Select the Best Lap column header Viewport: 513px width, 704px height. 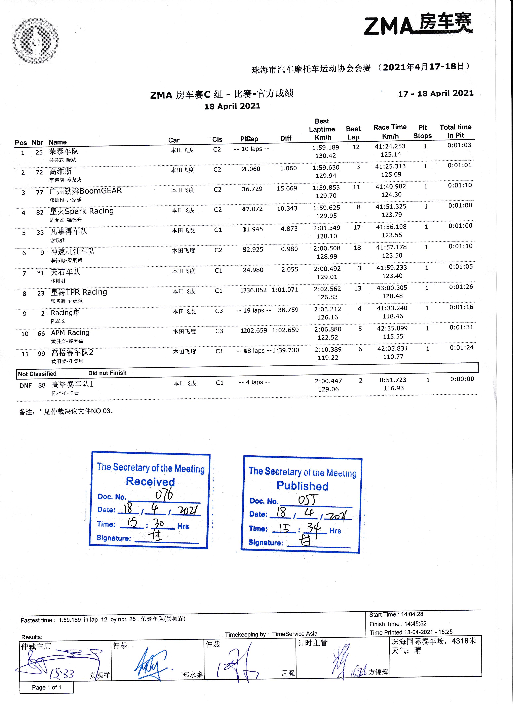(353, 133)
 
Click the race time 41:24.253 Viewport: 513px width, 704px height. (390, 146)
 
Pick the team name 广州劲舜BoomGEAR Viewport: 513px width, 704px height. (86, 191)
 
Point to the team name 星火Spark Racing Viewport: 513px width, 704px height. (82, 211)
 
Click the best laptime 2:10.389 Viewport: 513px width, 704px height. (328, 350)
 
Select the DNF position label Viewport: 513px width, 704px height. (26, 386)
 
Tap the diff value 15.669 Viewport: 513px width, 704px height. (287, 188)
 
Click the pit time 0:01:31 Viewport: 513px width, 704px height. (462, 327)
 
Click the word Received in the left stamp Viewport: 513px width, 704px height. (150, 481)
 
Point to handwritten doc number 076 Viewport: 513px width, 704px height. (164, 494)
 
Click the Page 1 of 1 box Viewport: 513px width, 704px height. (47, 688)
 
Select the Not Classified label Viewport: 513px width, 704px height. (37, 374)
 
